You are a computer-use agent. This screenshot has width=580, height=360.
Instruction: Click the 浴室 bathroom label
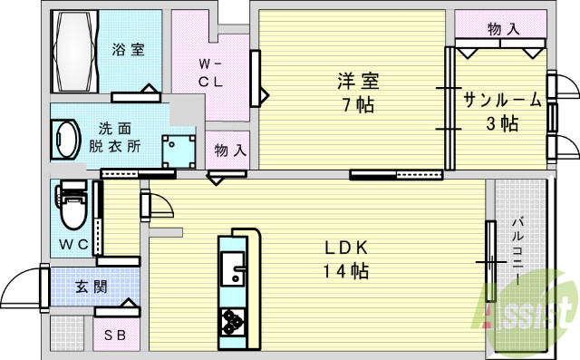click(x=128, y=50)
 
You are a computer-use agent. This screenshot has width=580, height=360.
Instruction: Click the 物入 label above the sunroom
click(x=503, y=29)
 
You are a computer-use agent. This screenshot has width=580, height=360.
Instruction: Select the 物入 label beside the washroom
click(x=230, y=149)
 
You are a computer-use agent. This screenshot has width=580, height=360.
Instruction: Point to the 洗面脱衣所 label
click(x=114, y=137)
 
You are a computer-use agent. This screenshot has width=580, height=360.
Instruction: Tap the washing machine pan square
click(x=179, y=150)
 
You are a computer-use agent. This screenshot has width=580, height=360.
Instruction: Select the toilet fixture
click(x=72, y=207)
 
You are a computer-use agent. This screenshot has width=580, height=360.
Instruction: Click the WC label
click(x=74, y=245)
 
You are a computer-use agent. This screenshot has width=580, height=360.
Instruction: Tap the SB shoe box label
click(x=116, y=336)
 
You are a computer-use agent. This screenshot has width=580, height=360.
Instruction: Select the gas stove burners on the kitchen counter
click(x=233, y=321)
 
